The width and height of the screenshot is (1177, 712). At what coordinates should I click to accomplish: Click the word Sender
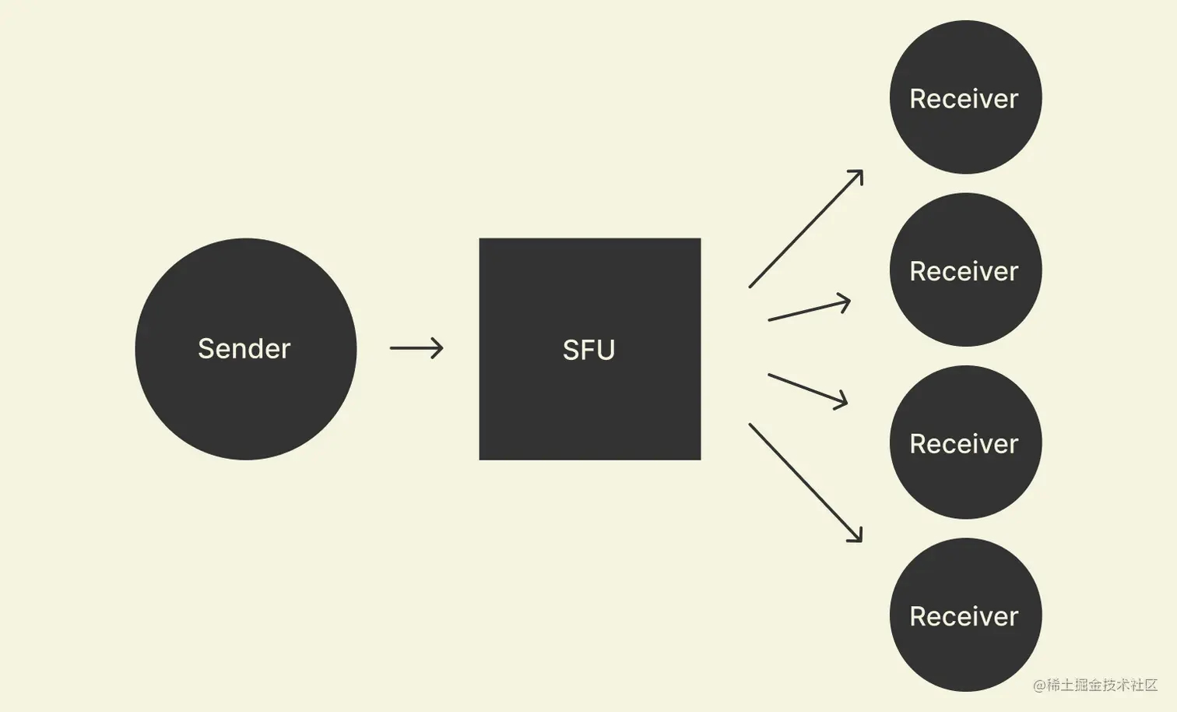[x=244, y=348]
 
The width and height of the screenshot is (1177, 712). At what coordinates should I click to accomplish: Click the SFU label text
[x=588, y=350]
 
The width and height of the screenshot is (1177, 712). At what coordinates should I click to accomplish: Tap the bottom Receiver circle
[x=965, y=654]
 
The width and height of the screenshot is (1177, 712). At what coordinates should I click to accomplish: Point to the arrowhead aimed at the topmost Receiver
[x=858, y=174]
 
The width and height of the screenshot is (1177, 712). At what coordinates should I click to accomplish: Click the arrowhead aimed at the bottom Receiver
[x=857, y=537]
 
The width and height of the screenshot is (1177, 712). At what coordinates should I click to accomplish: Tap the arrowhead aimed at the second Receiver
[x=845, y=301]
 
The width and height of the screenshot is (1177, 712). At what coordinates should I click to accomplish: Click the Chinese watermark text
[x=1101, y=685]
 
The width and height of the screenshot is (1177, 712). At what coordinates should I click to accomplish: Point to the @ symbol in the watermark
[x=1039, y=686]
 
